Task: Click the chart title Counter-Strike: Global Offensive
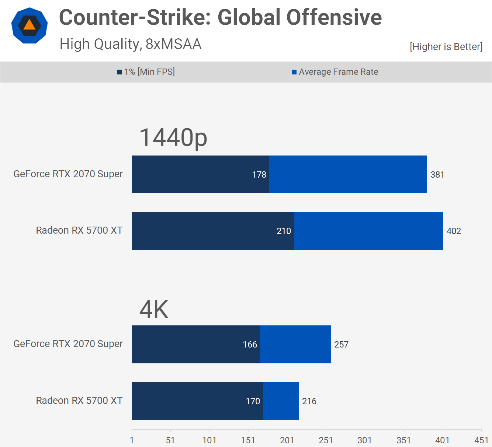(220, 17)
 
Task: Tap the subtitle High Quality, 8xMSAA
(131, 44)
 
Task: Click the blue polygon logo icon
(30, 25)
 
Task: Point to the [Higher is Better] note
(446, 47)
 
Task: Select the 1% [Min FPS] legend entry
(146, 72)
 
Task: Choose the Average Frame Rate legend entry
(335, 72)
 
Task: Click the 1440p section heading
(173, 137)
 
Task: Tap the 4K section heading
(153, 310)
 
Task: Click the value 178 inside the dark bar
(259, 175)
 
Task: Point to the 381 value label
(437, 175)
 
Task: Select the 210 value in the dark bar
(284, 231)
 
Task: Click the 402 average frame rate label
(454, 231)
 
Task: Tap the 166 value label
(250, 345)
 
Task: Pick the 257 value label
(341, 345)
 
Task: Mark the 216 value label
(309, 401)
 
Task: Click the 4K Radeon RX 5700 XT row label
(79, 401)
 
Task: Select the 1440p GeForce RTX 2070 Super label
(68, 174)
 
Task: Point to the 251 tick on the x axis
(326, 440)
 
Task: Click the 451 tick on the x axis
(481, 440)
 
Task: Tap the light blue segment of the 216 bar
(281, 401)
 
